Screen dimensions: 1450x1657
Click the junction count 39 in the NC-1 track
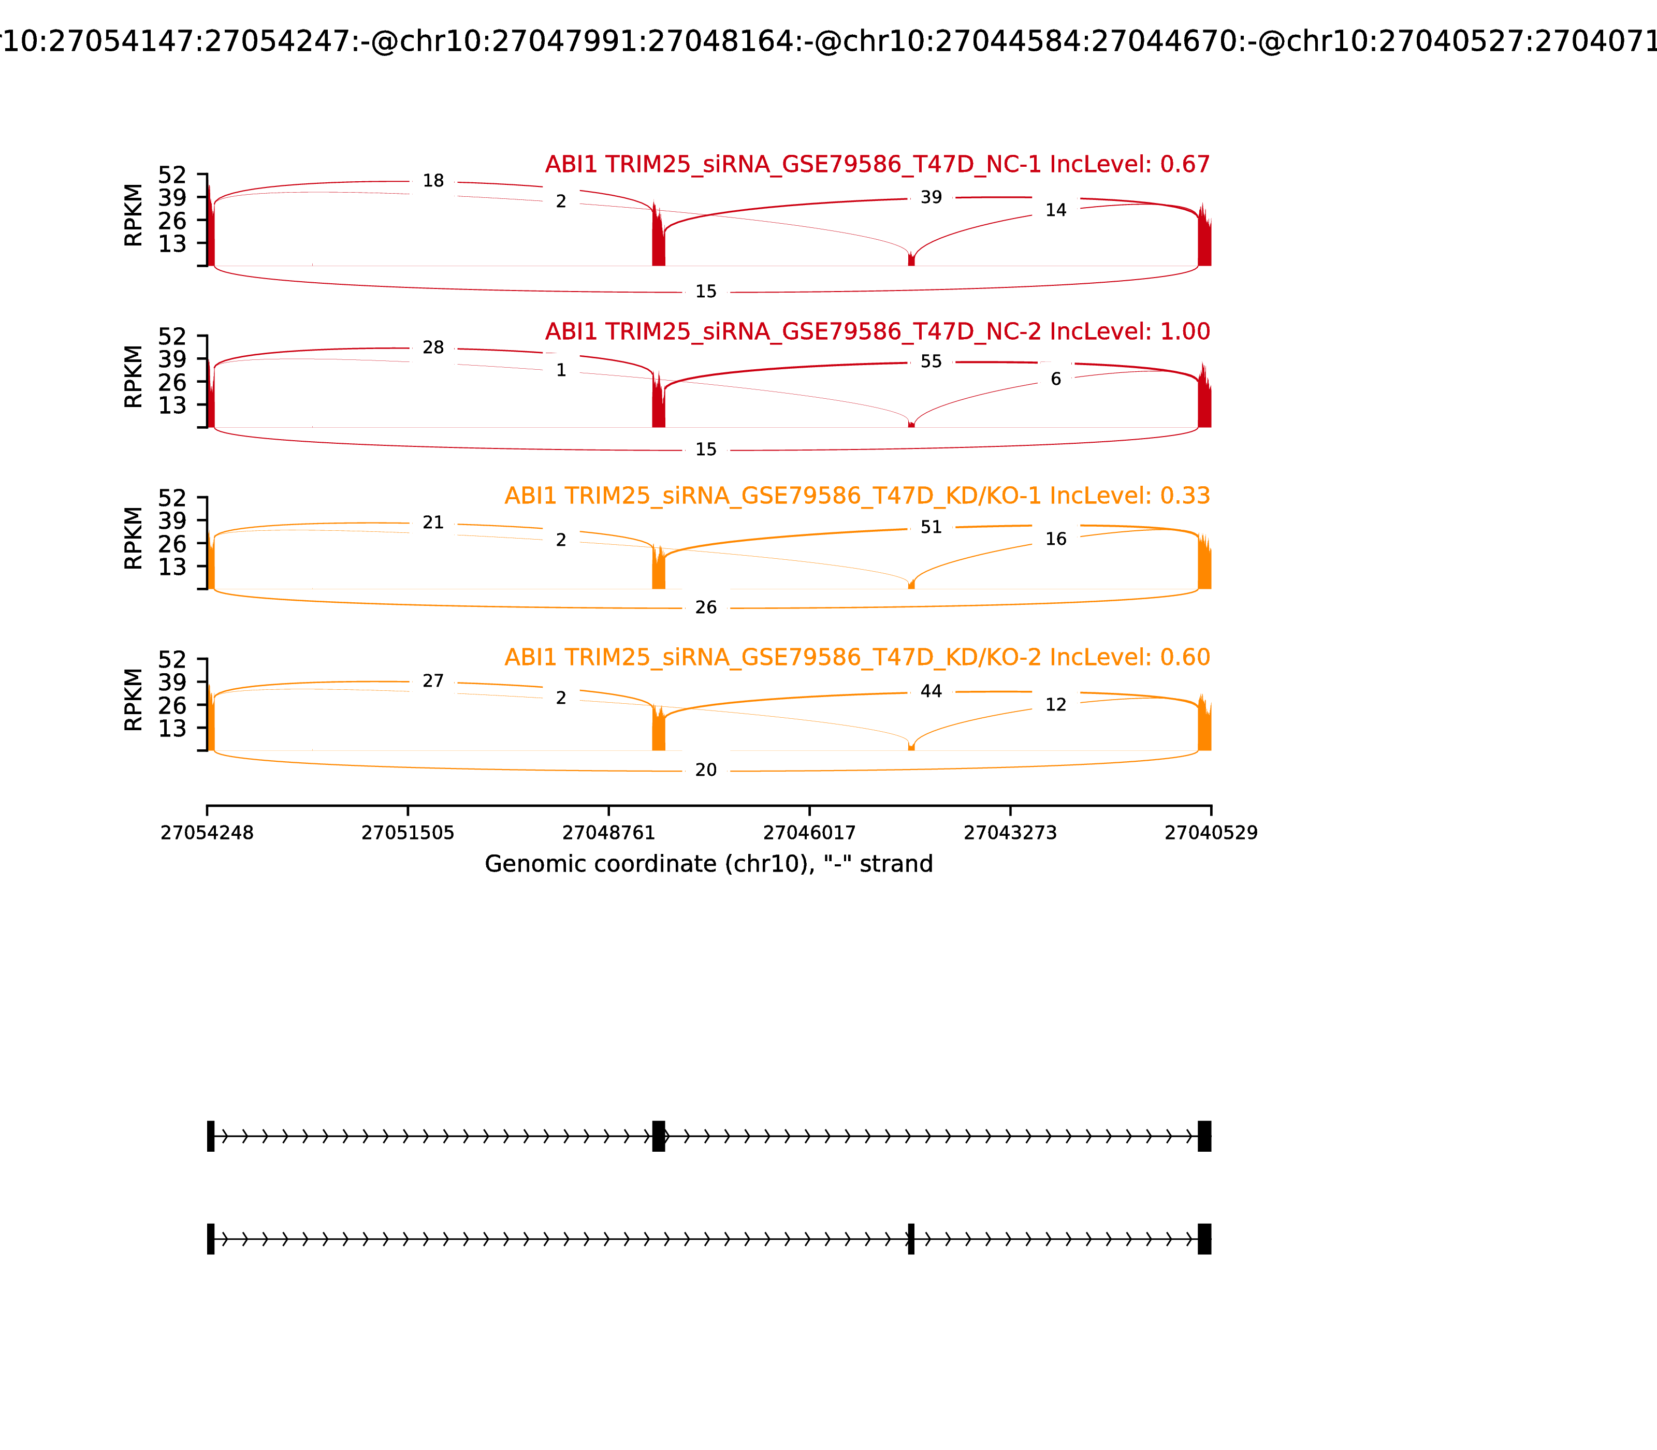pos(931,197)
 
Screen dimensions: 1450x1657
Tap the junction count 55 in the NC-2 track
pos(931,361)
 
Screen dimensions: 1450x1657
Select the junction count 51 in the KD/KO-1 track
pos(931,528)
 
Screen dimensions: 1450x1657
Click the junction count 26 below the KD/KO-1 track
pos(705,607)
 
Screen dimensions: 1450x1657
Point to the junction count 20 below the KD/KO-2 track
pos(705,771)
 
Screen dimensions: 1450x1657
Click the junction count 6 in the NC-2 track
pos(1055,380)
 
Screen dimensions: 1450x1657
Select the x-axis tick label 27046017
pos(809,833)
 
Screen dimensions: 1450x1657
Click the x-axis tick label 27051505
pos(408,833)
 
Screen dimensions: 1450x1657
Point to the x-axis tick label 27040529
pos(1211,833)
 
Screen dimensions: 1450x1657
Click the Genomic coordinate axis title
pos(709,864)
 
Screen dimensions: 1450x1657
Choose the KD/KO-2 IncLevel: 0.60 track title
pos(857,658)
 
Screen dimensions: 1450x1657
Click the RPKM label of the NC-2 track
pos(134,377)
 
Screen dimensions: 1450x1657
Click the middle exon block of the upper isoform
pos(659,1136)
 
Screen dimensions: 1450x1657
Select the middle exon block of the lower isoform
pos(911,1239)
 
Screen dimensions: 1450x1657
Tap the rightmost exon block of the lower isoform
pos(1204,1239)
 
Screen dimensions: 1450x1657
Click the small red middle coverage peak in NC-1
pos(911,260)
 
